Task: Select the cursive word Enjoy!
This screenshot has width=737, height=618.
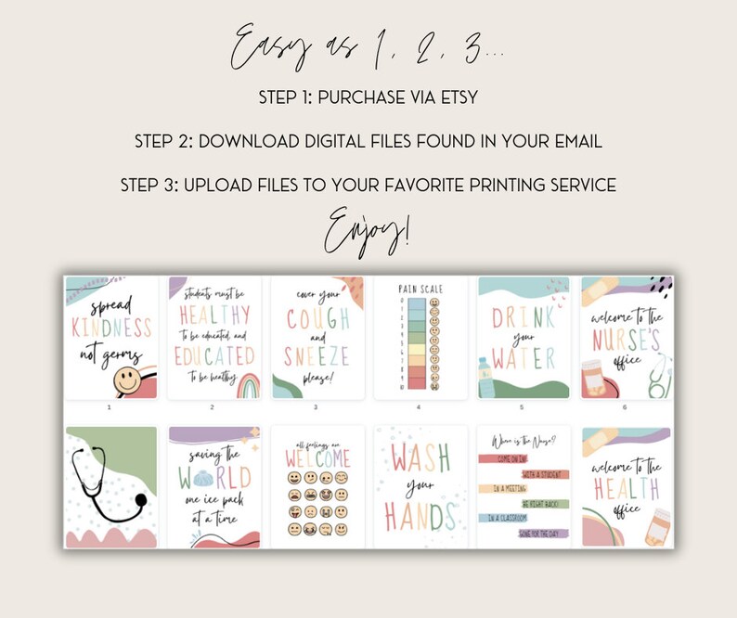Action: [x=369, y=226]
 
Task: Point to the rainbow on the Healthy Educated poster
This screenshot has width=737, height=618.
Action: [x=230, y=380]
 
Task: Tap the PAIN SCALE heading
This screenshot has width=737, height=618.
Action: [x=421, y=290]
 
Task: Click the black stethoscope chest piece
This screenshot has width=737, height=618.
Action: [x=137, y=503]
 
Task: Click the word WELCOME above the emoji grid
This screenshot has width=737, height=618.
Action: [x=317, y=458]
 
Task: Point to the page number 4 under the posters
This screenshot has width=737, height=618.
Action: [x=419, y=406]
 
